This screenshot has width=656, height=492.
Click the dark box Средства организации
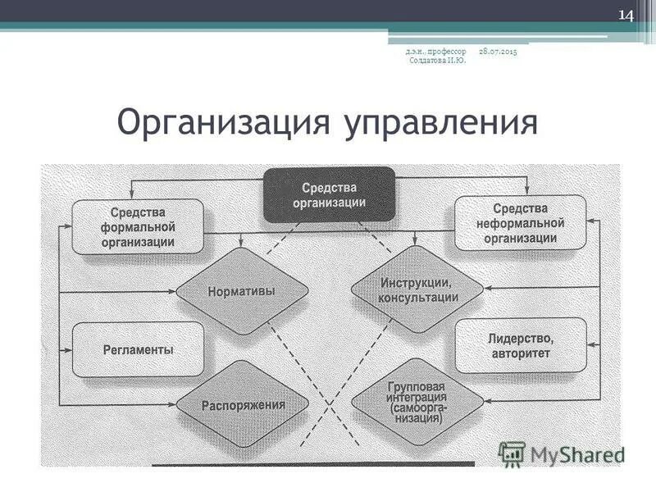point(329,194)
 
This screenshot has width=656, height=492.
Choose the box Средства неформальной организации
point(521,223)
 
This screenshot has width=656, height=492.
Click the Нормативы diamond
point(243,291)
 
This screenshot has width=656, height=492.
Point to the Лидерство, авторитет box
point(521,345)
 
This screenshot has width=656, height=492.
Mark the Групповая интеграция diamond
point(417,402)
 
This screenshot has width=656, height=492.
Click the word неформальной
point(521,223)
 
